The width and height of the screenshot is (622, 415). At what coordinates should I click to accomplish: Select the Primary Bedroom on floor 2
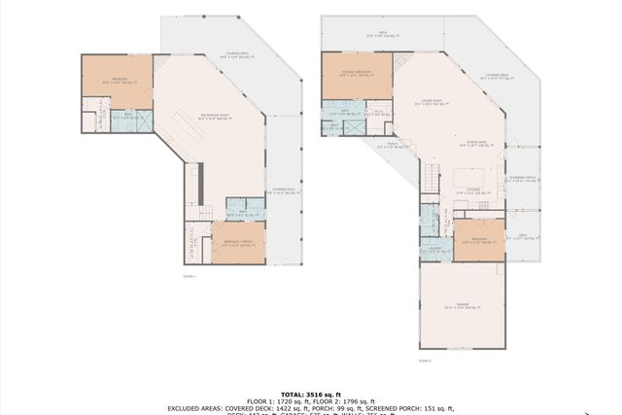[357, 74]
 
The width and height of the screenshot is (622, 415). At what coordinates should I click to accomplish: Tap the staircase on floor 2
[428, 176]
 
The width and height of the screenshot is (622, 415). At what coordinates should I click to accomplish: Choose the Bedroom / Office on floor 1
[238, 243]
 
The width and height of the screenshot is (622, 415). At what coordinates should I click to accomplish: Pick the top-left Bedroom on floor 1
[117, 82]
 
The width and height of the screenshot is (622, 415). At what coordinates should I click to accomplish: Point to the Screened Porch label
[524, 180]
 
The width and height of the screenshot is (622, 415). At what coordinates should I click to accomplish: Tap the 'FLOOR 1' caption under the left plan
[190, 277]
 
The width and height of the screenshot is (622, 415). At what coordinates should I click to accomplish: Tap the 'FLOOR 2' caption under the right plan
[425, 360]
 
